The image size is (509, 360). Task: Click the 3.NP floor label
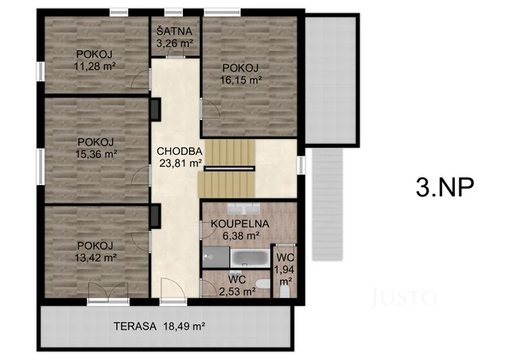(x=445, y=187)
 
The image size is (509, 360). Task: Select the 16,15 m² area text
(x=243, y=79)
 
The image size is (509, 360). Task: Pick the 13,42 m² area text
(x=96, y=257)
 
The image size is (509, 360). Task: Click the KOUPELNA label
(x=240, y=223)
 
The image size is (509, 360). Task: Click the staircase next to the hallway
(x=226, y=168)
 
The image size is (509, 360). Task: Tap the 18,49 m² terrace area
(x=185, y=326)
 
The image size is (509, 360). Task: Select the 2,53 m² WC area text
(x=237, y=292)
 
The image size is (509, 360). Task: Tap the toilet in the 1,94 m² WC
(x=285, y=291)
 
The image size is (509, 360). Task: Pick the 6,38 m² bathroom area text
(x=240, y=235)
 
